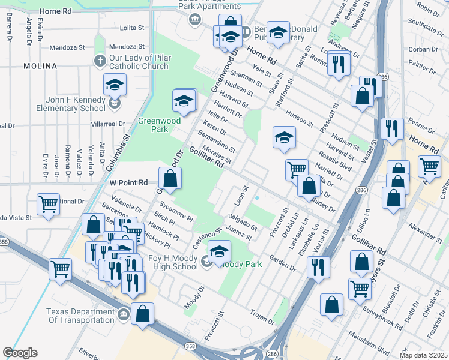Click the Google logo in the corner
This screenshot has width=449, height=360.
(20, 353)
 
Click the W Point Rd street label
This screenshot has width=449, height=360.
(129, 182)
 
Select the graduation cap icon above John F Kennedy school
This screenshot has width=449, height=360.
(115, 85)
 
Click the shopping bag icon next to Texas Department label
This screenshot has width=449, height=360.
(143, 313)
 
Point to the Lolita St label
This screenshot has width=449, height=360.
(132, 28)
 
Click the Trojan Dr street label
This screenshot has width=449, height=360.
(262, 317)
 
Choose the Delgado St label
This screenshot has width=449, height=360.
(243, 223)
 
